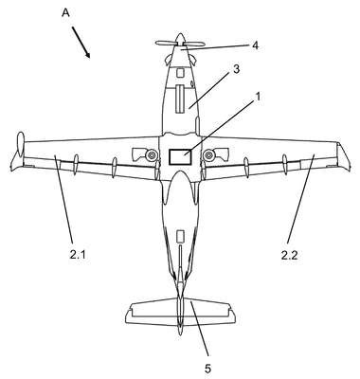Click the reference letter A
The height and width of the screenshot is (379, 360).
[x=65, y=12]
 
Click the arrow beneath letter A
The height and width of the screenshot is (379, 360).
[x=81, y=43]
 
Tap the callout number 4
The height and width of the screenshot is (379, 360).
[x=255, y=45]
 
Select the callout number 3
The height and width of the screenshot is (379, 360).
[x=236, y=69]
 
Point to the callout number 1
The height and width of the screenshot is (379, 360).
[x=258, y=97]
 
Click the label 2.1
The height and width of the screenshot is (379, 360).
[x=78, y=255]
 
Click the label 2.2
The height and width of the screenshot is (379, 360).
[x=289, y=255]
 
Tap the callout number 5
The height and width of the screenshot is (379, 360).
[x=207, y=369]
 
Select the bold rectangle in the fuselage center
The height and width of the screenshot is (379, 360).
[x=180, y=156]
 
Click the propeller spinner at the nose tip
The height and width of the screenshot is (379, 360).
[x=180, y=39]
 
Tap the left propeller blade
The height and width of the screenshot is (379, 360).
[x=166, y=44]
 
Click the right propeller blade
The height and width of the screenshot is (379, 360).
[x=194, y=44]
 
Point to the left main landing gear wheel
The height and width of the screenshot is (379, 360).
[x=152, y=155]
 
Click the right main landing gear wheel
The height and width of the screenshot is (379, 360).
[x=209, y=155]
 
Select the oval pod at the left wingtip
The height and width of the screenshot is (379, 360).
[x=21, y=145]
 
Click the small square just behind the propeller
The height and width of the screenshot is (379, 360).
[x=180, y=73]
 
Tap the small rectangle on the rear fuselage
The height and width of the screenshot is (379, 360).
[x=180, y=236]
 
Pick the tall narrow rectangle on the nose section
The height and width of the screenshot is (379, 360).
[x=180, y=99]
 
